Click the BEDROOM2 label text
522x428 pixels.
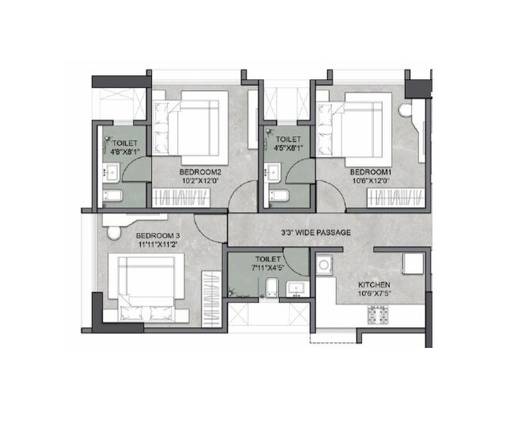click(x=193, y=171)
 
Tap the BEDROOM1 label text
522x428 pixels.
click(x=371, y=171)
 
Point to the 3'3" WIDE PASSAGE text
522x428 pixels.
click(x=316, y=232)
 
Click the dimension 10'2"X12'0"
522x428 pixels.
click(x=193, y=180)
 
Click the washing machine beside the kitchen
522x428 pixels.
click(x=325, y=266)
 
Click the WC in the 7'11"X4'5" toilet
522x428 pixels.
click(x=271, y=287)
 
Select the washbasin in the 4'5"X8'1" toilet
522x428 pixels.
click(x=274, y=170)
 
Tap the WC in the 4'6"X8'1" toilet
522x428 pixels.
click(x=112, y=197)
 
